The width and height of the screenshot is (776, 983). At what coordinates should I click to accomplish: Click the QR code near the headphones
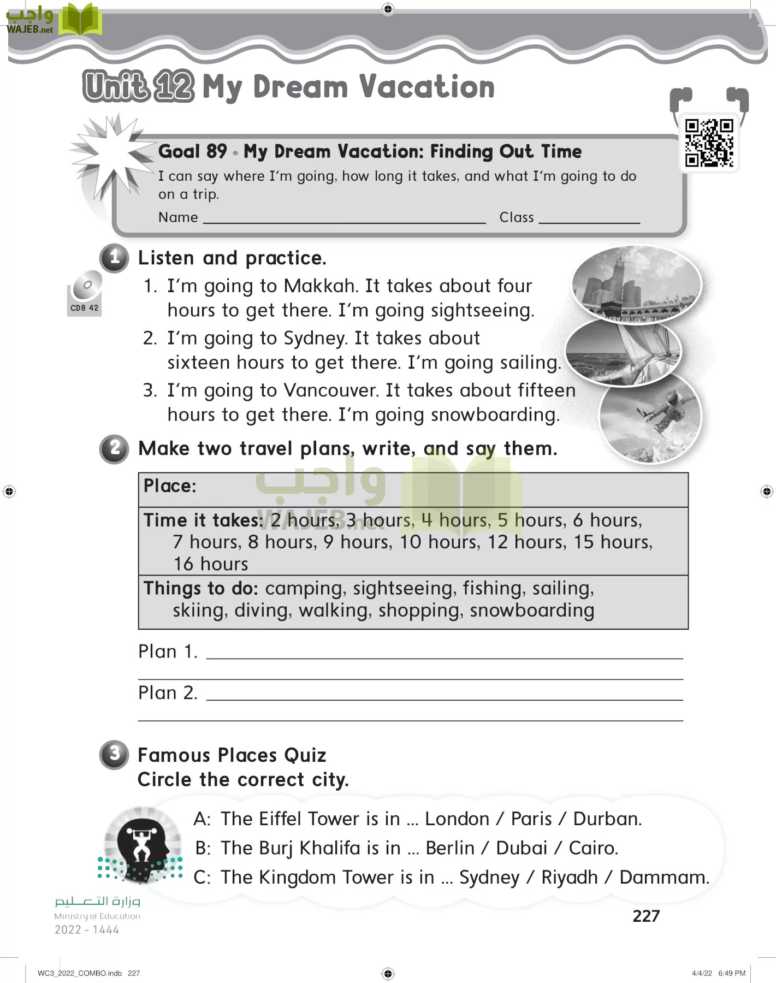[x=709, y=143]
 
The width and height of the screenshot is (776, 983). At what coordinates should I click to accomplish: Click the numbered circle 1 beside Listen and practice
[x=114, y=258]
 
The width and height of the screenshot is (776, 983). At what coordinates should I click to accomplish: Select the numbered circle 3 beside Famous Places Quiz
[x=114, y=755]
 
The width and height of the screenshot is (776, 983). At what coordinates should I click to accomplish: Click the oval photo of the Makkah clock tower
[x=636, y=284]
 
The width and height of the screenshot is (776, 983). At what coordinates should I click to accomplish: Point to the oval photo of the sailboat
[x=623, y=353]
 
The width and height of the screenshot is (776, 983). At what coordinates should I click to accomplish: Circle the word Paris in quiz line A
[x=531, y=819]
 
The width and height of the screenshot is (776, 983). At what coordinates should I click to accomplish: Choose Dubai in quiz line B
[x=522, y=848]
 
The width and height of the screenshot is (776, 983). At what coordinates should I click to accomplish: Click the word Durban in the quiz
[x=607, y=819]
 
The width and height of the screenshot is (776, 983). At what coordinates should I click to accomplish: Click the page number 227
[x=646, y=916]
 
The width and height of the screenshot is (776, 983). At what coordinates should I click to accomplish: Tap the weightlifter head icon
[x=142, y=844]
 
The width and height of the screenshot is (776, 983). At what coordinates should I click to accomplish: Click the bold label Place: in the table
[x=170, y=485]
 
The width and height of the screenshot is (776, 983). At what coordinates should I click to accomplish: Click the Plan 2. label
[x=168, y=692]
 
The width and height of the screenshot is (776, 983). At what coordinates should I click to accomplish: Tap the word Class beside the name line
[x=517, y=217]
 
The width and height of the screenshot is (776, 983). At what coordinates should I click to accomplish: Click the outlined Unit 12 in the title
[x=139, y=86]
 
